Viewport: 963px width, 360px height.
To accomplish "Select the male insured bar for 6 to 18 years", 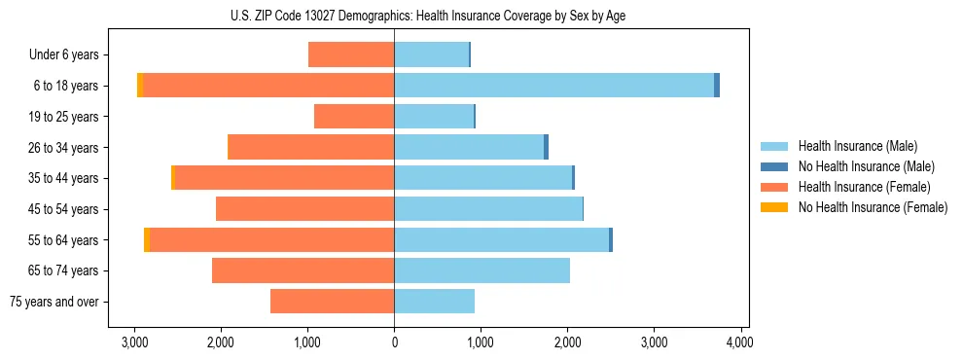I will (553, 86).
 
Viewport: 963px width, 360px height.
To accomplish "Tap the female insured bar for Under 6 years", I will (351, 54).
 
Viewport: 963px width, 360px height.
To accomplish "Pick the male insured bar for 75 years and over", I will (434, 302).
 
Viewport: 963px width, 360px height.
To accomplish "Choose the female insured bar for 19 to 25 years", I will (354, 117).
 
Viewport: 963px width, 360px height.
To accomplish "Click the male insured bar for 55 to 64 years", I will (501, 240).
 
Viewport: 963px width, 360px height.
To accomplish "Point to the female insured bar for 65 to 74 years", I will (303, 270).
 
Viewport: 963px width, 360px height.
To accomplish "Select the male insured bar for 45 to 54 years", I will (488, 209).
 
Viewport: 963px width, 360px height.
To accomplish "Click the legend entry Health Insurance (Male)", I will (857, 146).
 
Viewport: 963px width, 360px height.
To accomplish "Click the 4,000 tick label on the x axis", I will (740, 342).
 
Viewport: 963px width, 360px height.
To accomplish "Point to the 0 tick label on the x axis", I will (394, 342).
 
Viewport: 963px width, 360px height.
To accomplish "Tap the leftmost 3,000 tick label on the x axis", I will (134, 342).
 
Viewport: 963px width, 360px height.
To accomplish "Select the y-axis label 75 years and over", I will (53, 303).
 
